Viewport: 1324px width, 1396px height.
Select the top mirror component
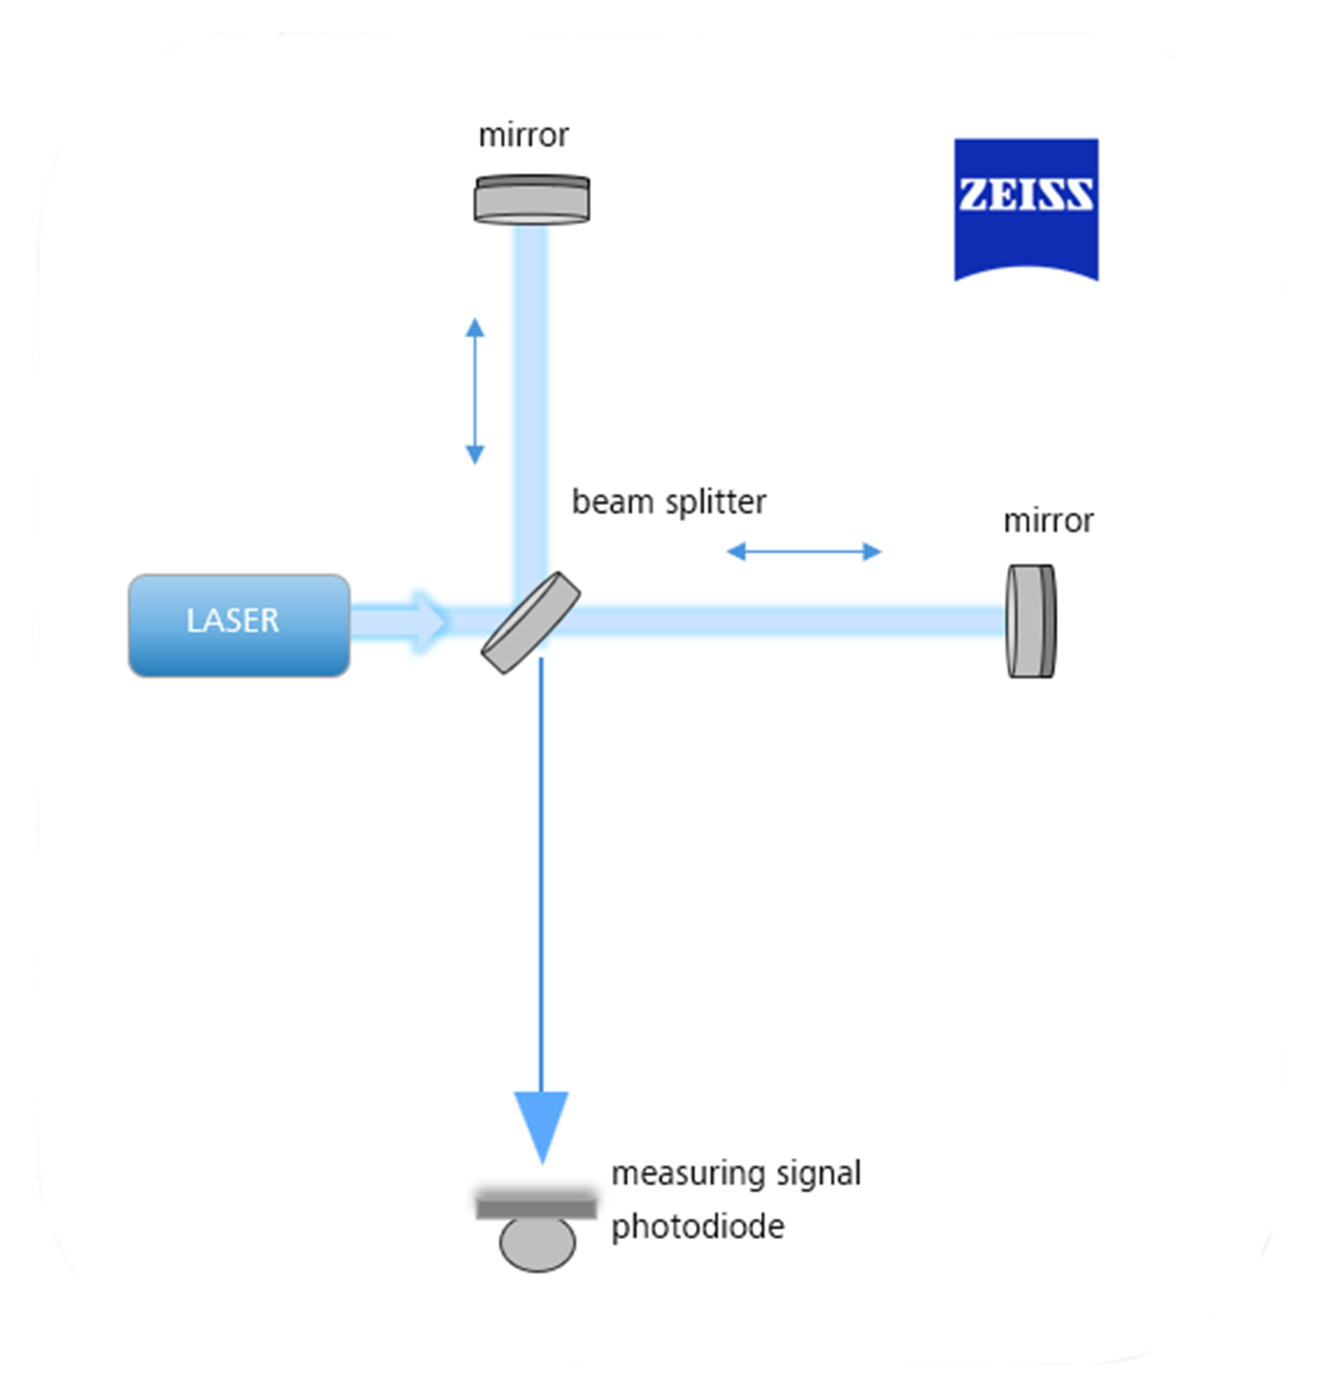coord(531,200)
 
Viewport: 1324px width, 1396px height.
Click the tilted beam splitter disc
coord(530,622)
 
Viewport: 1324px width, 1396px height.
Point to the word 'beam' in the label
coord(612,503)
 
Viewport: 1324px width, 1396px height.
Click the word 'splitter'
coord(715,503)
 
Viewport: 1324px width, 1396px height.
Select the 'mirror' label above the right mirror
coord(1048,521)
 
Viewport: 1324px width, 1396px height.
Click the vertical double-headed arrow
coord(475,391)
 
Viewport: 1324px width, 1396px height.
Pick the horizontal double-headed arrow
coord(804,551)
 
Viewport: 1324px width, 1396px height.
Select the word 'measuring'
coord(688,1174)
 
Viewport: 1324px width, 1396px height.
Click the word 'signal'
coord(818,1174)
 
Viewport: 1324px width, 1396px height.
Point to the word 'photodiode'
coord(697,1227)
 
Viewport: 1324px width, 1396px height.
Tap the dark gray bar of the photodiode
coord(535,1207)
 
